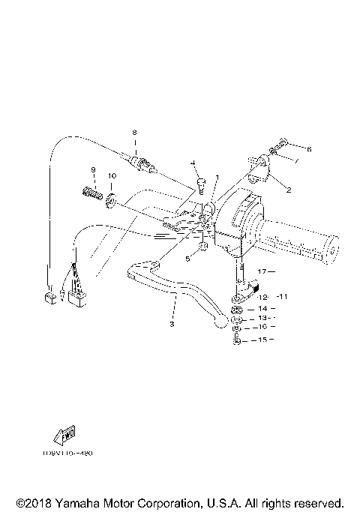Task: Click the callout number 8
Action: tap(135, 133)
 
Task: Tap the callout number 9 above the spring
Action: tap(94, 169)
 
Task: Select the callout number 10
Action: tap(112, 176)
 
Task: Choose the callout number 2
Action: tap(288, 190)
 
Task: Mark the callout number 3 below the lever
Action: tap(171, 324)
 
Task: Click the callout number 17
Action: tap(262, 270)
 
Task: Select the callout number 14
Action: tap(262, 308)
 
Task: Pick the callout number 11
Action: tap(282, 298)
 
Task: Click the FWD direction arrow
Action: tap(58, 436)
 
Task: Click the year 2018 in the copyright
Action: tap(38, 502)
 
